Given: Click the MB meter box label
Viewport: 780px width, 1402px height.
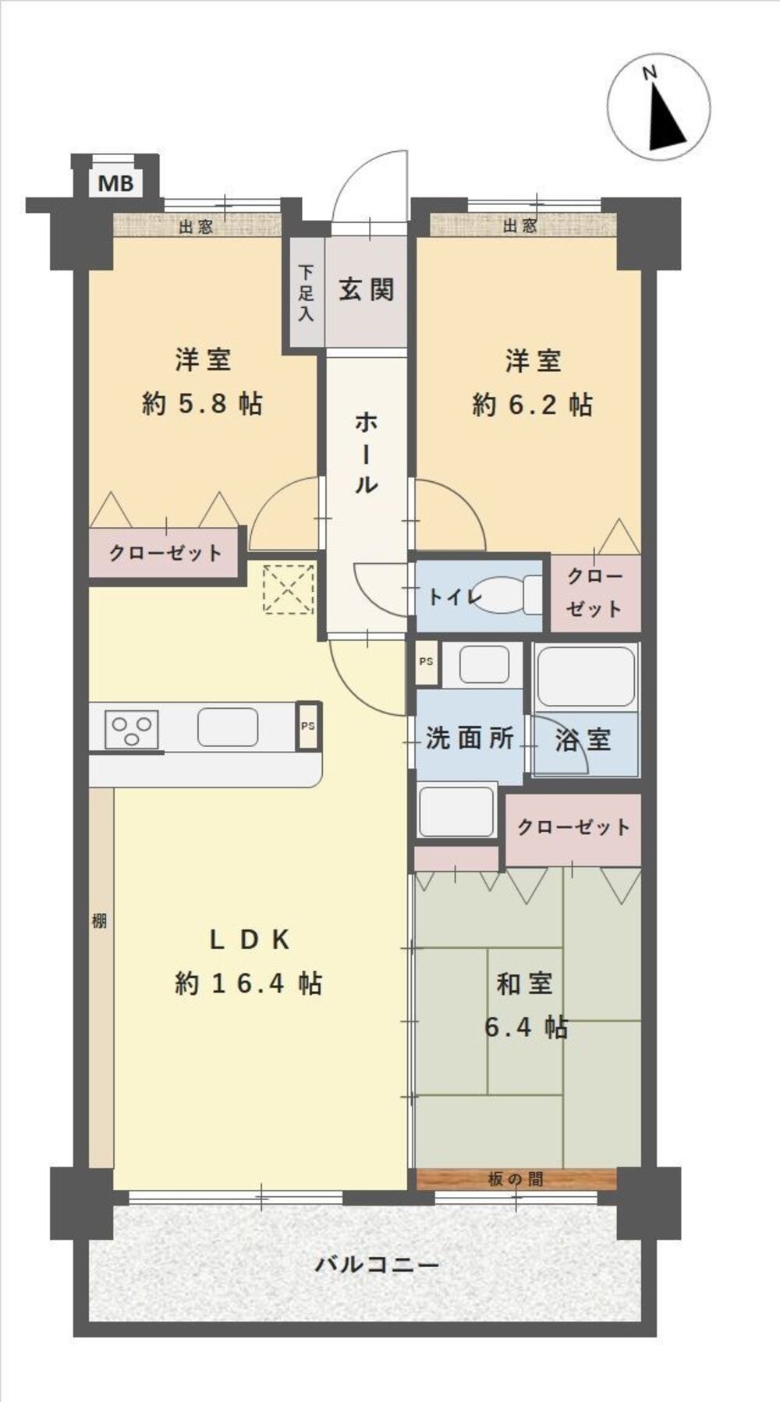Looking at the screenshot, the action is point(116,184).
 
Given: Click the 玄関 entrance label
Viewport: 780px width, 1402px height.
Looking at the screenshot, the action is point(367,290).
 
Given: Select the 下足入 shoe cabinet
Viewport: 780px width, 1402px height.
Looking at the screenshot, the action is point(306,293).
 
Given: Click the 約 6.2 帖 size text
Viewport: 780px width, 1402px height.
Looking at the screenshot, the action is point(533,405).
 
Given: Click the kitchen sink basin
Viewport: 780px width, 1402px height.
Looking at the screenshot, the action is point(228,727).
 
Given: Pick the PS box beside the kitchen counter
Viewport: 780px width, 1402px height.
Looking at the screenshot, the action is point(309,726).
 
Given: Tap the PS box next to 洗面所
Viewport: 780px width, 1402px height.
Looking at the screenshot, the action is point(427,662).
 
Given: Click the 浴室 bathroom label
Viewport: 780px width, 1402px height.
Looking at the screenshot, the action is point(583,739).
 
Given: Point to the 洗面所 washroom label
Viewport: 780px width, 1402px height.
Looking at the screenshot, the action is point(470,738).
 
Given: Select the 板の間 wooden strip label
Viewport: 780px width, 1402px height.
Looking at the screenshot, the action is point(516,1179).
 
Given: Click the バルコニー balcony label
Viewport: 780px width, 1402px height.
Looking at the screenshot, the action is point(377,1264).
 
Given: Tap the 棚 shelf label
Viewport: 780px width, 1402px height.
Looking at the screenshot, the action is point(99,921).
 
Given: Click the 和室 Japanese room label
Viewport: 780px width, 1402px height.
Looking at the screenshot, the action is point(525,984).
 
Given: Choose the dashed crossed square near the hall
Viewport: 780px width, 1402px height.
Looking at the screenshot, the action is point(289,589).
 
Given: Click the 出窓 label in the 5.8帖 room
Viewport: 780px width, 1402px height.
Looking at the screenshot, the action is point(196,227).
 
